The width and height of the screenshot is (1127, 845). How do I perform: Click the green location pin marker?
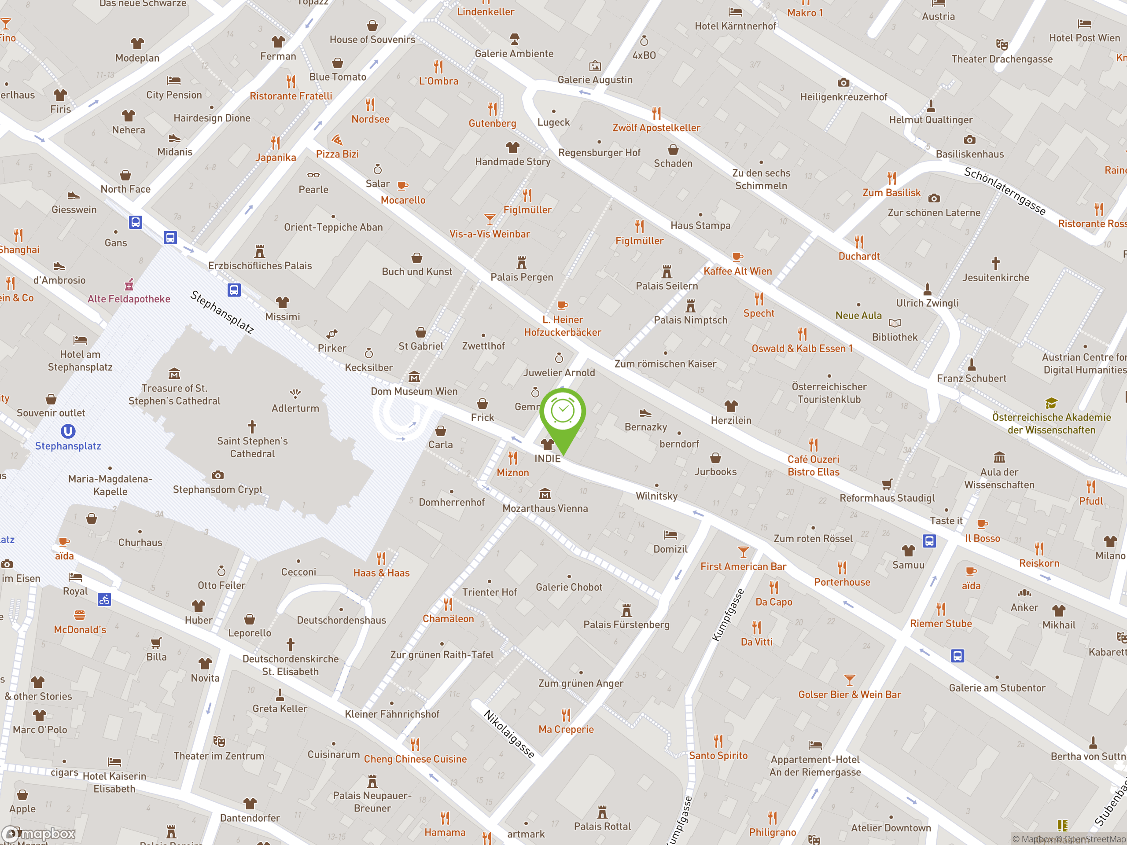click(x=563, y=415)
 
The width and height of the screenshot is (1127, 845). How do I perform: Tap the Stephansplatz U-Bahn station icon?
click(x=68, y=431)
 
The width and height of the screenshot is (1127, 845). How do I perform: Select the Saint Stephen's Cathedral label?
click(x=252, y=447)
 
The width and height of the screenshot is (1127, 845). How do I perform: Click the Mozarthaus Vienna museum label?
click(x=545, y=508)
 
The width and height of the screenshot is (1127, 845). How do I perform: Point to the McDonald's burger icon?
click(x=80, y=615)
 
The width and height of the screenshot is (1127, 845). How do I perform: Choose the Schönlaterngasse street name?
click(x=1004, y=191)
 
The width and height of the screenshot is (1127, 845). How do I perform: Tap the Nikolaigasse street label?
click(x=508, y=734)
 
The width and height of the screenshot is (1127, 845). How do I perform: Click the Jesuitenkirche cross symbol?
click(x=995, y=263)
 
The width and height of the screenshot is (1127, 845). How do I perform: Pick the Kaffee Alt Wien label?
click(x=737, y=272)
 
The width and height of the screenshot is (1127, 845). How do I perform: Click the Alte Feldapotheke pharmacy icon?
click(x=129, y=284)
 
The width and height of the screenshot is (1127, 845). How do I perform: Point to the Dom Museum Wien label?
click(x=414, y=391)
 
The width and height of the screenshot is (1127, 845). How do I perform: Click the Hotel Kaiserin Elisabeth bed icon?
click(x=114, y=762)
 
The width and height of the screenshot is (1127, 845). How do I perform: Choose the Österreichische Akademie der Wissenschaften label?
click(x=1051, y=423)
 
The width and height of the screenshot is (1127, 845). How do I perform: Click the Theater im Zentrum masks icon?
click(x=219, y=741)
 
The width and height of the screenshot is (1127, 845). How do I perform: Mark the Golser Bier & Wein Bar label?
click(x=849, y=694)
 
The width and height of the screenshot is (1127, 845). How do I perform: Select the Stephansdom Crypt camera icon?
click(x=217, y=475)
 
